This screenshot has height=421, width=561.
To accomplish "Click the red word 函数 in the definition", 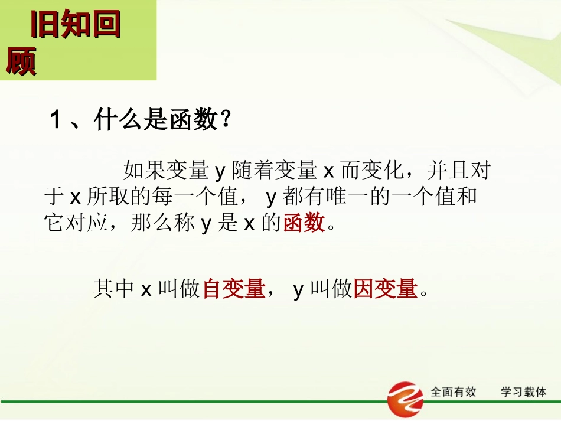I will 304,223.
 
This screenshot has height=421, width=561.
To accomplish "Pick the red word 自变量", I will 233,289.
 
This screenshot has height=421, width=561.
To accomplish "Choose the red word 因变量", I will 385,289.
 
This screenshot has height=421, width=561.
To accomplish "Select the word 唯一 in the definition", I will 343,197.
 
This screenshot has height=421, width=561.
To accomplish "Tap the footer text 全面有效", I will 454,392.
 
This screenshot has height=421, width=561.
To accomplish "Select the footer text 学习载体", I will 524,392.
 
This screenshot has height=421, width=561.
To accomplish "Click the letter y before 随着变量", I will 220,172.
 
